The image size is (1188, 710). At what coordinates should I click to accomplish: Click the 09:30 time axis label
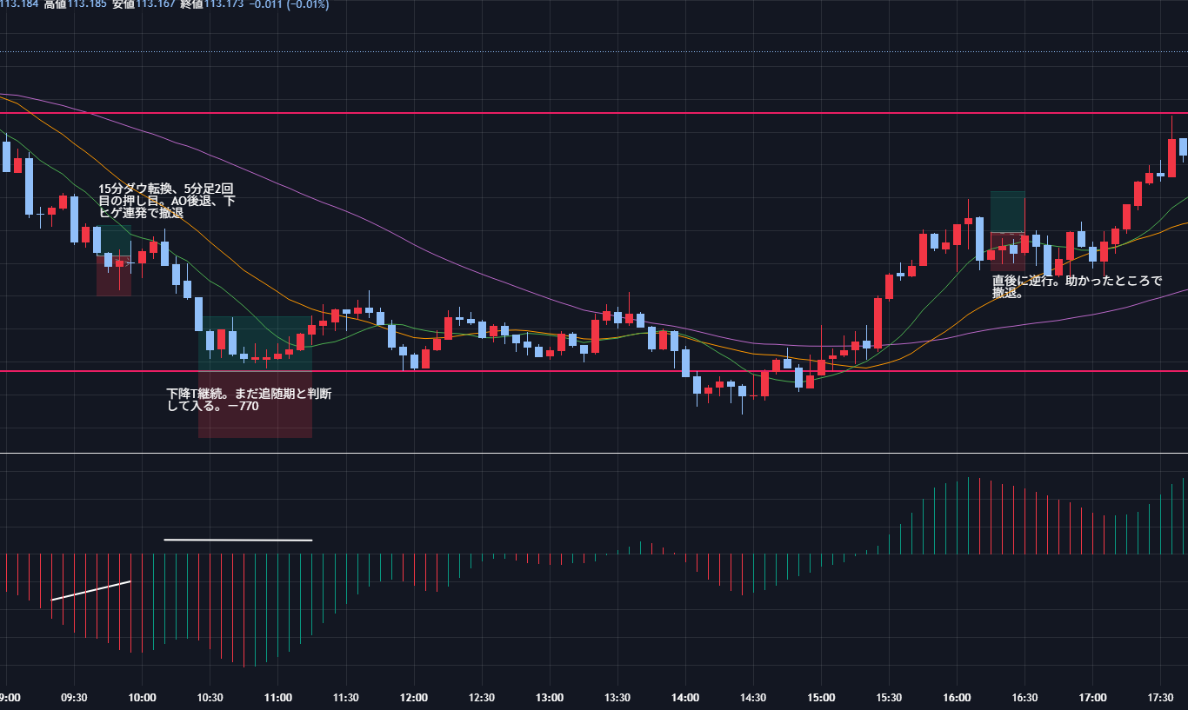click(x=74, y=697)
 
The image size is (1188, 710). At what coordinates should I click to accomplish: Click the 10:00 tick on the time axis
click(x=142, y=697)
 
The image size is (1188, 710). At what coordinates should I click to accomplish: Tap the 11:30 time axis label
click(x=345, y=697)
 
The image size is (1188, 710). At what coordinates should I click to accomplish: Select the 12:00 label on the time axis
click(x=413, y=697)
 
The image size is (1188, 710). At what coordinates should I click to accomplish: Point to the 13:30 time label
click(x=617, y=697)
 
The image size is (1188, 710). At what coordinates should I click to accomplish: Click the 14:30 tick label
click(x=753, y=697)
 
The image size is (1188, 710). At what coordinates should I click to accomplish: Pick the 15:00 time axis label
click(x=821, y=697)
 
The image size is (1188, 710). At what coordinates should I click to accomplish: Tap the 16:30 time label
click(x=1024, y=697)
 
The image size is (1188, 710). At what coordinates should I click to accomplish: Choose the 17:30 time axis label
click(x=1160, y=697)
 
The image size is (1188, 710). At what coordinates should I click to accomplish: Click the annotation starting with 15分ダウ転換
click(x=166, y=201)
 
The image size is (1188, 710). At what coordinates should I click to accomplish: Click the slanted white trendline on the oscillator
click(x=90, y=590)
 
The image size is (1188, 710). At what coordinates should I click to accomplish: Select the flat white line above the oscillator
click(x=237, y=540)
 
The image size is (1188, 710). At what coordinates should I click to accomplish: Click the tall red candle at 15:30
click(x=878, y=323)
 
